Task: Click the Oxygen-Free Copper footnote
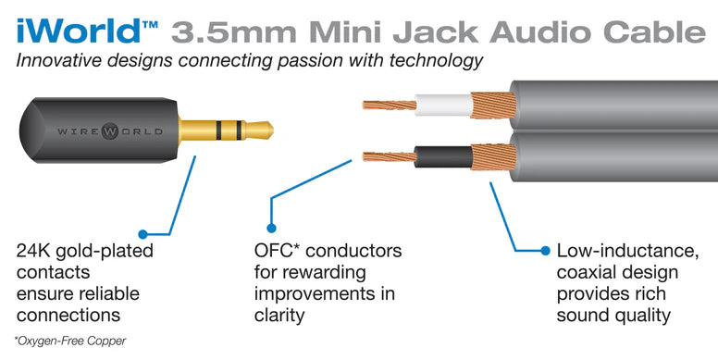click(69, 341)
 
